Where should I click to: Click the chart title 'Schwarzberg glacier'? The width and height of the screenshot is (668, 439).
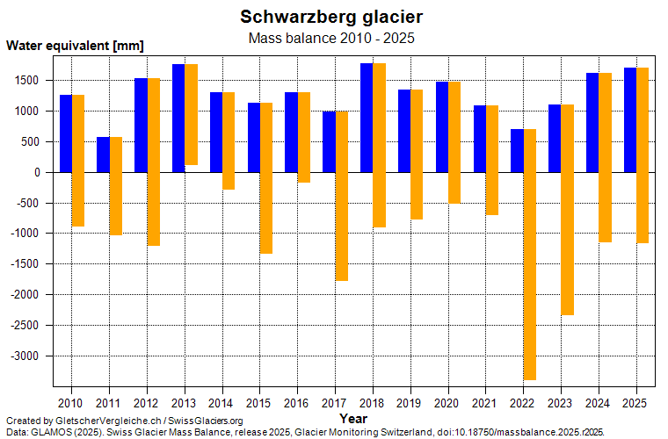click(x=331, y=17)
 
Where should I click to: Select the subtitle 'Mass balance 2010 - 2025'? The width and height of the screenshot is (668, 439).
click(x=331, y=38)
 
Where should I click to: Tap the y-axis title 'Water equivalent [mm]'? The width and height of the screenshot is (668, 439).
click(x=75, y=46)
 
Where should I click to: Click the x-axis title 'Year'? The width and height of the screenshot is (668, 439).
click(x=353, y=418)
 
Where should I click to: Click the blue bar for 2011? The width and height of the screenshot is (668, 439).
click(x=103, y=155)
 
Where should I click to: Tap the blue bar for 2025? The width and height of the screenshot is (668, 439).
click(x=630, y=119)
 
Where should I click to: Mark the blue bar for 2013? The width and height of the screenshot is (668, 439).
click(x=178, y=118)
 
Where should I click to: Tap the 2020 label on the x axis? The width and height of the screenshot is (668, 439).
click(x=448, y=403)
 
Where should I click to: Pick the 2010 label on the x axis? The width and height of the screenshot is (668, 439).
click(x=71, y=403)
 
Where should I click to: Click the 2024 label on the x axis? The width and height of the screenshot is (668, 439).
click(x=599, y=403)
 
